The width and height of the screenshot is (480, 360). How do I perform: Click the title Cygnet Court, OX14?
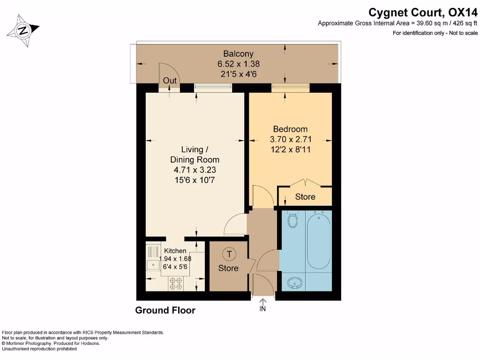coord(423,13)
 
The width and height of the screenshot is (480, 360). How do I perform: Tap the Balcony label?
coord(239,53)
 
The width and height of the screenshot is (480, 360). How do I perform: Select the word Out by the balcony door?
coord(170,81)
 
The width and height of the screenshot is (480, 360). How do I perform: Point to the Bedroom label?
coord(290,129)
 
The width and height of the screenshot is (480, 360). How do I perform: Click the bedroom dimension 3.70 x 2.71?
coord(291,139)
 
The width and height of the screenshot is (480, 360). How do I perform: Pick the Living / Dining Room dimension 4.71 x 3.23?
coord(195,170)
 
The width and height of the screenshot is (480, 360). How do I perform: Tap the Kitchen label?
coord(175,251)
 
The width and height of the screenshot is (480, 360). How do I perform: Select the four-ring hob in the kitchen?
coord(176,284)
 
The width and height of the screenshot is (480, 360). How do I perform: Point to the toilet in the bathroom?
coord(292,219)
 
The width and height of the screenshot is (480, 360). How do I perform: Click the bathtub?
coord(319,240)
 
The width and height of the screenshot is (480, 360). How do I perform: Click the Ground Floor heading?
coord(165,310)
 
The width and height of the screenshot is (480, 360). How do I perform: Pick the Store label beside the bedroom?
coord(305,196)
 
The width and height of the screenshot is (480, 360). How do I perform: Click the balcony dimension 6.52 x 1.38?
coord(239,64)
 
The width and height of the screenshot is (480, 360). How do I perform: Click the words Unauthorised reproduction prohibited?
coord(39,349)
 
